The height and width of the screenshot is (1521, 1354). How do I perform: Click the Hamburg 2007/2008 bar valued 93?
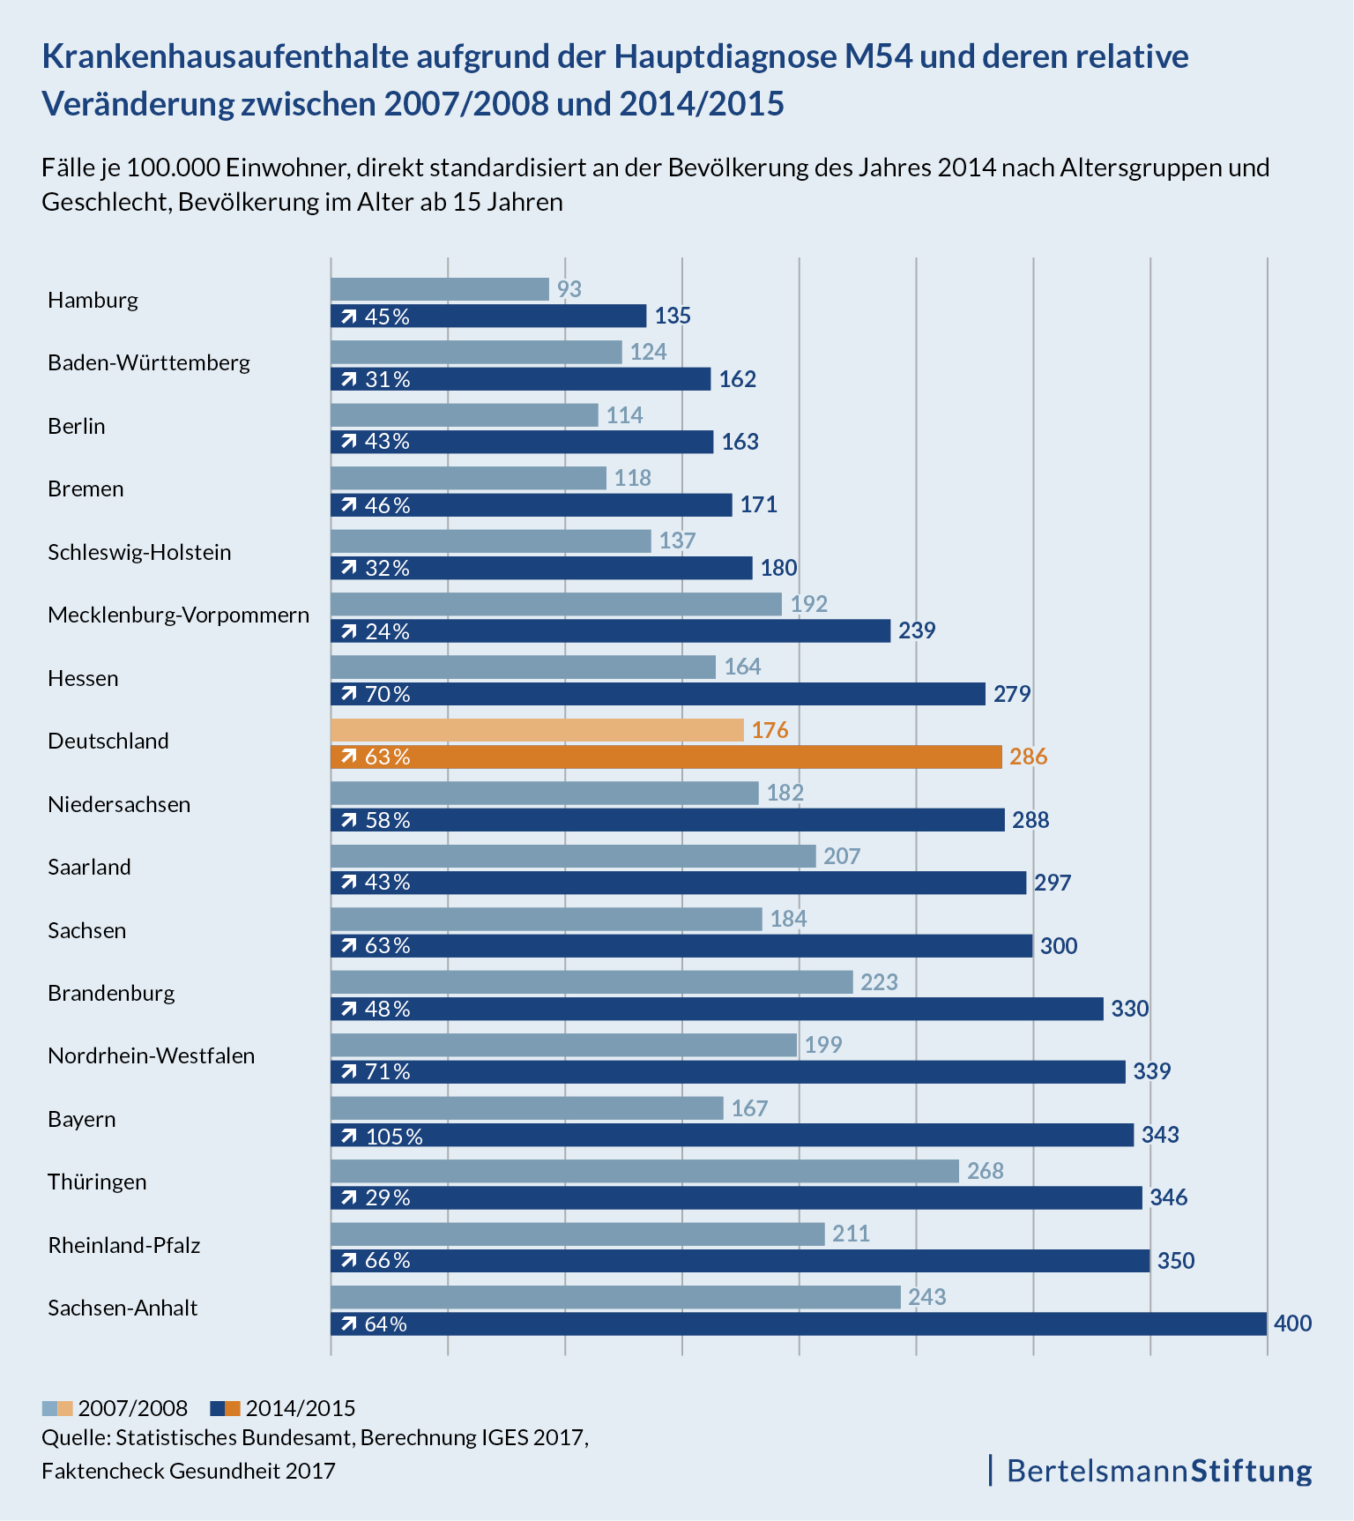click(439, 289)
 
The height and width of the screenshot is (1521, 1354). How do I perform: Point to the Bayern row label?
click(82, 1119)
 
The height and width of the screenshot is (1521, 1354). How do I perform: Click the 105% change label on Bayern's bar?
click(394, 1136)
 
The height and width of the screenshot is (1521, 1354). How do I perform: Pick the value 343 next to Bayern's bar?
click(1160, 1135)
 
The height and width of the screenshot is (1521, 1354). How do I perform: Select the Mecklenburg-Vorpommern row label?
click(178, 615)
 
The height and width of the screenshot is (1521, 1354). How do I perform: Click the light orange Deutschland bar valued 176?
click(537, 730)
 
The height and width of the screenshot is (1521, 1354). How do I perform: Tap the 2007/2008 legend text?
click(133, 1408)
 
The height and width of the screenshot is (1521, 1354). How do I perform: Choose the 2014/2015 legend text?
click(301, 1408)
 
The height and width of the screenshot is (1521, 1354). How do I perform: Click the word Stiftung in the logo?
click(1252, 1471)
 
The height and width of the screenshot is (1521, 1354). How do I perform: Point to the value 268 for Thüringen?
click(986, 1171)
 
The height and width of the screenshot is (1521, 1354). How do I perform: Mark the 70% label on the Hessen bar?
click(388, 694)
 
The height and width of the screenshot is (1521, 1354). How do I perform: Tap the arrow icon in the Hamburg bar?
click(349, 317)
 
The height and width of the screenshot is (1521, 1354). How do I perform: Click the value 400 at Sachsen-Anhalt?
click(1293, 1323)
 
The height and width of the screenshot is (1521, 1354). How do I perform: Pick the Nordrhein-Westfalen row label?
click(151, 1055)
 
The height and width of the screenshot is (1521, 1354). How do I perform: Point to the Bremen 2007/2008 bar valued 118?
click(468, 478)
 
